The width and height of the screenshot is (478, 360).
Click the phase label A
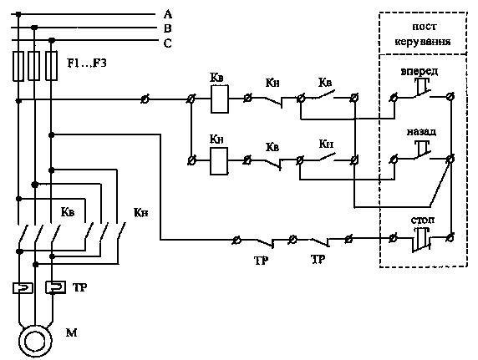point(168,14)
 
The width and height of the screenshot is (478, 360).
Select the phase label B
point(168,28)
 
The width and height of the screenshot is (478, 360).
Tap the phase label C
point(168,43)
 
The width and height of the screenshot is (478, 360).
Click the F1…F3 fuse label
point(87,63)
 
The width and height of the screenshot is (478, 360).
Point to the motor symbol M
point(35,341)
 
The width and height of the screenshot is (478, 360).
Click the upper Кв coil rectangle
point(220,99)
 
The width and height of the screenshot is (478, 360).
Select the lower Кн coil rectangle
point(219,161)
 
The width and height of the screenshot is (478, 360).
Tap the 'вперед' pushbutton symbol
point(422,88)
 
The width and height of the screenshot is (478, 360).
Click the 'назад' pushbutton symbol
point(422,150)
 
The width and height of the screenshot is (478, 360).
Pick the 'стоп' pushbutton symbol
point(422,239)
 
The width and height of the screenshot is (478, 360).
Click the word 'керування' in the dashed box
point(423,41)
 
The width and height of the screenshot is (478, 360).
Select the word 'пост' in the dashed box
point(424,27)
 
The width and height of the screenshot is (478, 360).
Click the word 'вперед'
point(420,71)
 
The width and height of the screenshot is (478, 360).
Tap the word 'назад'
point(421,132)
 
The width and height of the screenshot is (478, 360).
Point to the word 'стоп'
point(423,220)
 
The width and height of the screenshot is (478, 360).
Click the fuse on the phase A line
point(18,66)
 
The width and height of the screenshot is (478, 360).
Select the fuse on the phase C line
point(51,66)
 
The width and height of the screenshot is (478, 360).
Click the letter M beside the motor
point(71,332)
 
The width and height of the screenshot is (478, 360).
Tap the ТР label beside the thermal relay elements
point(80,287)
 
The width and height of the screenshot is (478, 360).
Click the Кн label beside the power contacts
point(141,212)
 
